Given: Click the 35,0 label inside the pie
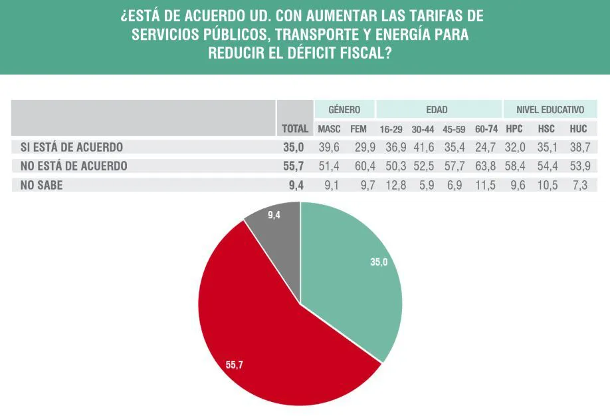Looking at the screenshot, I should pos(379,262).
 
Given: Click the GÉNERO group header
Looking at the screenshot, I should pos(344,110).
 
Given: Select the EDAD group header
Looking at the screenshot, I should pos(437,110).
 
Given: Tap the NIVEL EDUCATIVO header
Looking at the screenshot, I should pos(550,110).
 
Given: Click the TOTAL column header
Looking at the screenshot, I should pos(295,129).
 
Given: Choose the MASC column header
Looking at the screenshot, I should pos(329,129).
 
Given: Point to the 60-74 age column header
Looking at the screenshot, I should pos(486,129).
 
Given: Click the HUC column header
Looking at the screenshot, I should pos(579,129).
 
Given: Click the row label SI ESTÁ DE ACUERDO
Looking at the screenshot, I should pos(67,147).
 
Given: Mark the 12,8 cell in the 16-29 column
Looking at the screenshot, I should pos(392,186).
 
